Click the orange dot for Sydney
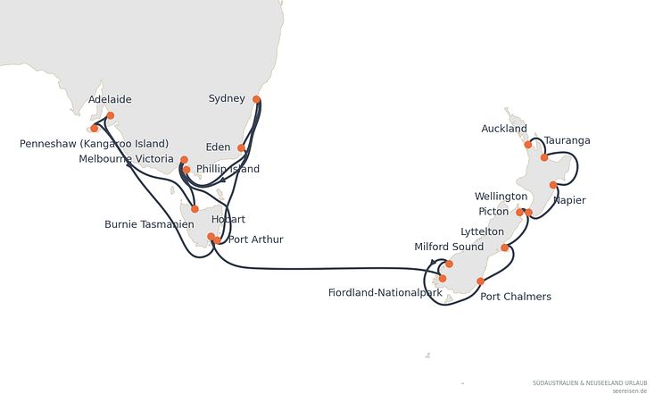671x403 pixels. pos(256,99)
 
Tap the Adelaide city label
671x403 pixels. pos(110,99)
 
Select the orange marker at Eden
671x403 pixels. pos(241,148)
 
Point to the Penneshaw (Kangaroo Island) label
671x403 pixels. pos(95,144)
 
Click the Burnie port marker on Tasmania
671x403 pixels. pos(195,209)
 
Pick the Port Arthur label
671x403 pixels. pos(256,239)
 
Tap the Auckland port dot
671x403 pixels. pos(528,145)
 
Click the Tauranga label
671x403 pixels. pos(567,140)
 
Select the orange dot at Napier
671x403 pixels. pos(553,185)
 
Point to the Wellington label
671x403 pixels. pos(501,197)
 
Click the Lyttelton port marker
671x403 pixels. pos(504,248)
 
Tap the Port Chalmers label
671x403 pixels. pos(516,297)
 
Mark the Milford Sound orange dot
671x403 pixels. pos(449,264)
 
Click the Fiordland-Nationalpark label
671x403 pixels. pos(385,293)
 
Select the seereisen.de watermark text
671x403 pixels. pos(629,391)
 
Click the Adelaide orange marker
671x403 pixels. pos(111,115)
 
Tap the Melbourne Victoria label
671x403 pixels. pos(126,159)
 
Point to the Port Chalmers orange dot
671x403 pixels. pos(481,281)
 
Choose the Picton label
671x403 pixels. pos(493,212)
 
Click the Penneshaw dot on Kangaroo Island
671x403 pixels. pos(95,128)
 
